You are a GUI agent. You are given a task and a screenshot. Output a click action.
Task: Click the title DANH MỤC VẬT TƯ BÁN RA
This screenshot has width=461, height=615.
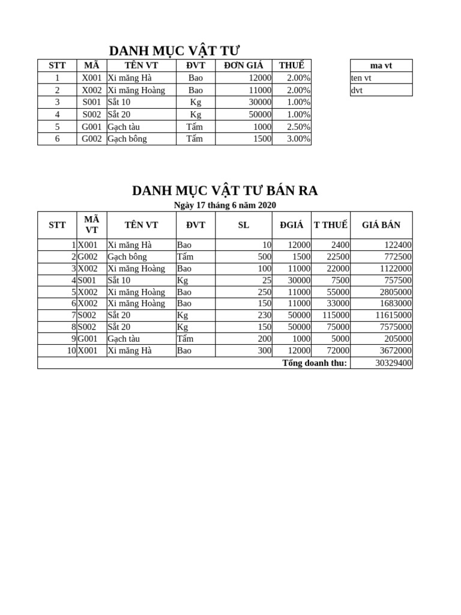224,191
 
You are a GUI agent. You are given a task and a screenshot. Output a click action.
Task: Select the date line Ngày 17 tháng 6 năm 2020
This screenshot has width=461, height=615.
224,205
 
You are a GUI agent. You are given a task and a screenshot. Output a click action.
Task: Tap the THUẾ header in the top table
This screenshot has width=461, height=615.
291,65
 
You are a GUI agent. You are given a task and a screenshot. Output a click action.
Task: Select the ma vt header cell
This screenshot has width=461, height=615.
381,65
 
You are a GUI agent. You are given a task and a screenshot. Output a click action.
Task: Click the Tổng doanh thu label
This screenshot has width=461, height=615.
315,363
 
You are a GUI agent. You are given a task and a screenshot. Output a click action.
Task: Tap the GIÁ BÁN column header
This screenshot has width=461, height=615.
381,225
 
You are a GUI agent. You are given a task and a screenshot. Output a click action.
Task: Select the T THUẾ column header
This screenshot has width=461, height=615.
330,225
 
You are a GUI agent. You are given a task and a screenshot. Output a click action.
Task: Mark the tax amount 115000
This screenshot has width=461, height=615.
336,315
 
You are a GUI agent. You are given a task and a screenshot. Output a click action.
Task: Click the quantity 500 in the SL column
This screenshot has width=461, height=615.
265,257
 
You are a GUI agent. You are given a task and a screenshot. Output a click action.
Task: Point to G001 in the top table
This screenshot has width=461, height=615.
92,127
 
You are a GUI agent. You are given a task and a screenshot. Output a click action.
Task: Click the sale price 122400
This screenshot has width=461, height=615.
396,245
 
